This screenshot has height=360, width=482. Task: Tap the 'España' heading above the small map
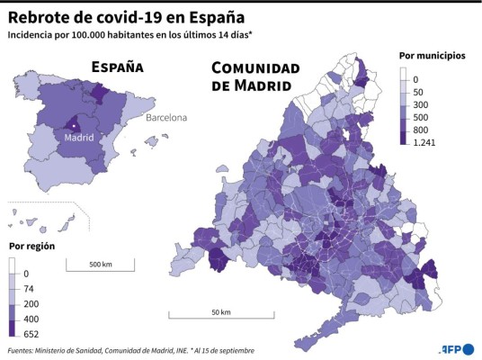(x=117, y=67)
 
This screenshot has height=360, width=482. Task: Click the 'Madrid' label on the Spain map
(x=79, y=138)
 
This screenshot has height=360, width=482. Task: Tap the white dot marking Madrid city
(x=75, y=126)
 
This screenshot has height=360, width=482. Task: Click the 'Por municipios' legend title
(x=432, y=56)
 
